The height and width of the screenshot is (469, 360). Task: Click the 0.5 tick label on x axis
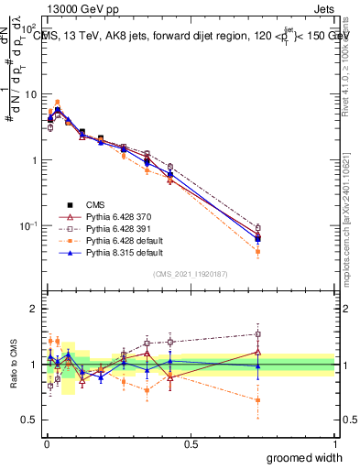pyautogui.click(x=190, y=442)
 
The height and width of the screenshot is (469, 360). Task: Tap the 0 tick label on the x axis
pyautogui.click(x=46, y=442)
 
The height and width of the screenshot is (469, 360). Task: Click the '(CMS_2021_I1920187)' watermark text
pyautogui.click(x=190, y=273)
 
